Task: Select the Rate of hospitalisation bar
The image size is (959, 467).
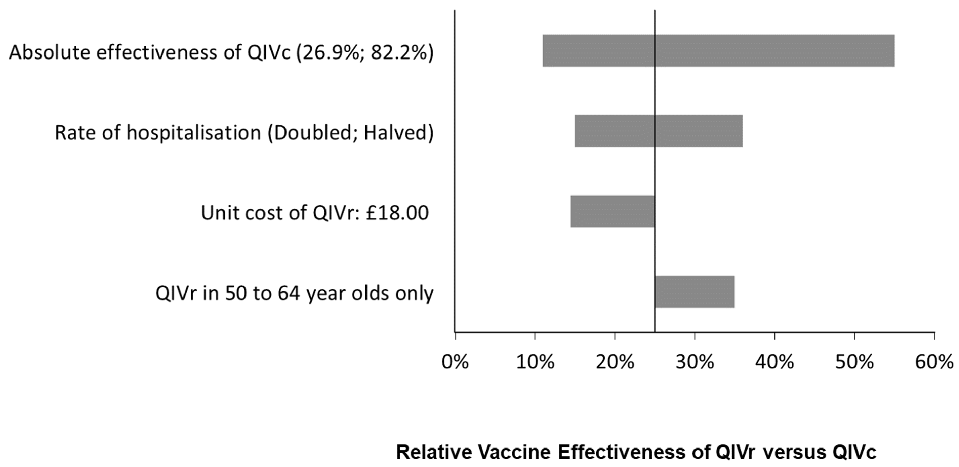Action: pos(658,131)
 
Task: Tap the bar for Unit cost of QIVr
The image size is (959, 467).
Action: pos(613,211)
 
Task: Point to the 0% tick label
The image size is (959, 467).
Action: pos(455,362)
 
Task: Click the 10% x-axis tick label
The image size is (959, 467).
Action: pos(535,362)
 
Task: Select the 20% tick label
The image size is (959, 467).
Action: pos(615,362)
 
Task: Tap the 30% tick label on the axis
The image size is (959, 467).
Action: pos(695,362)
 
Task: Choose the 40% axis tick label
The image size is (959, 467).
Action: pos(774,362)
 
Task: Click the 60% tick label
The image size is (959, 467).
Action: pos(934,362)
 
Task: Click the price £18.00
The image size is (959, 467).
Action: pos(397,213)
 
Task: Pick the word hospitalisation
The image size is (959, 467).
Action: pos(194,132)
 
